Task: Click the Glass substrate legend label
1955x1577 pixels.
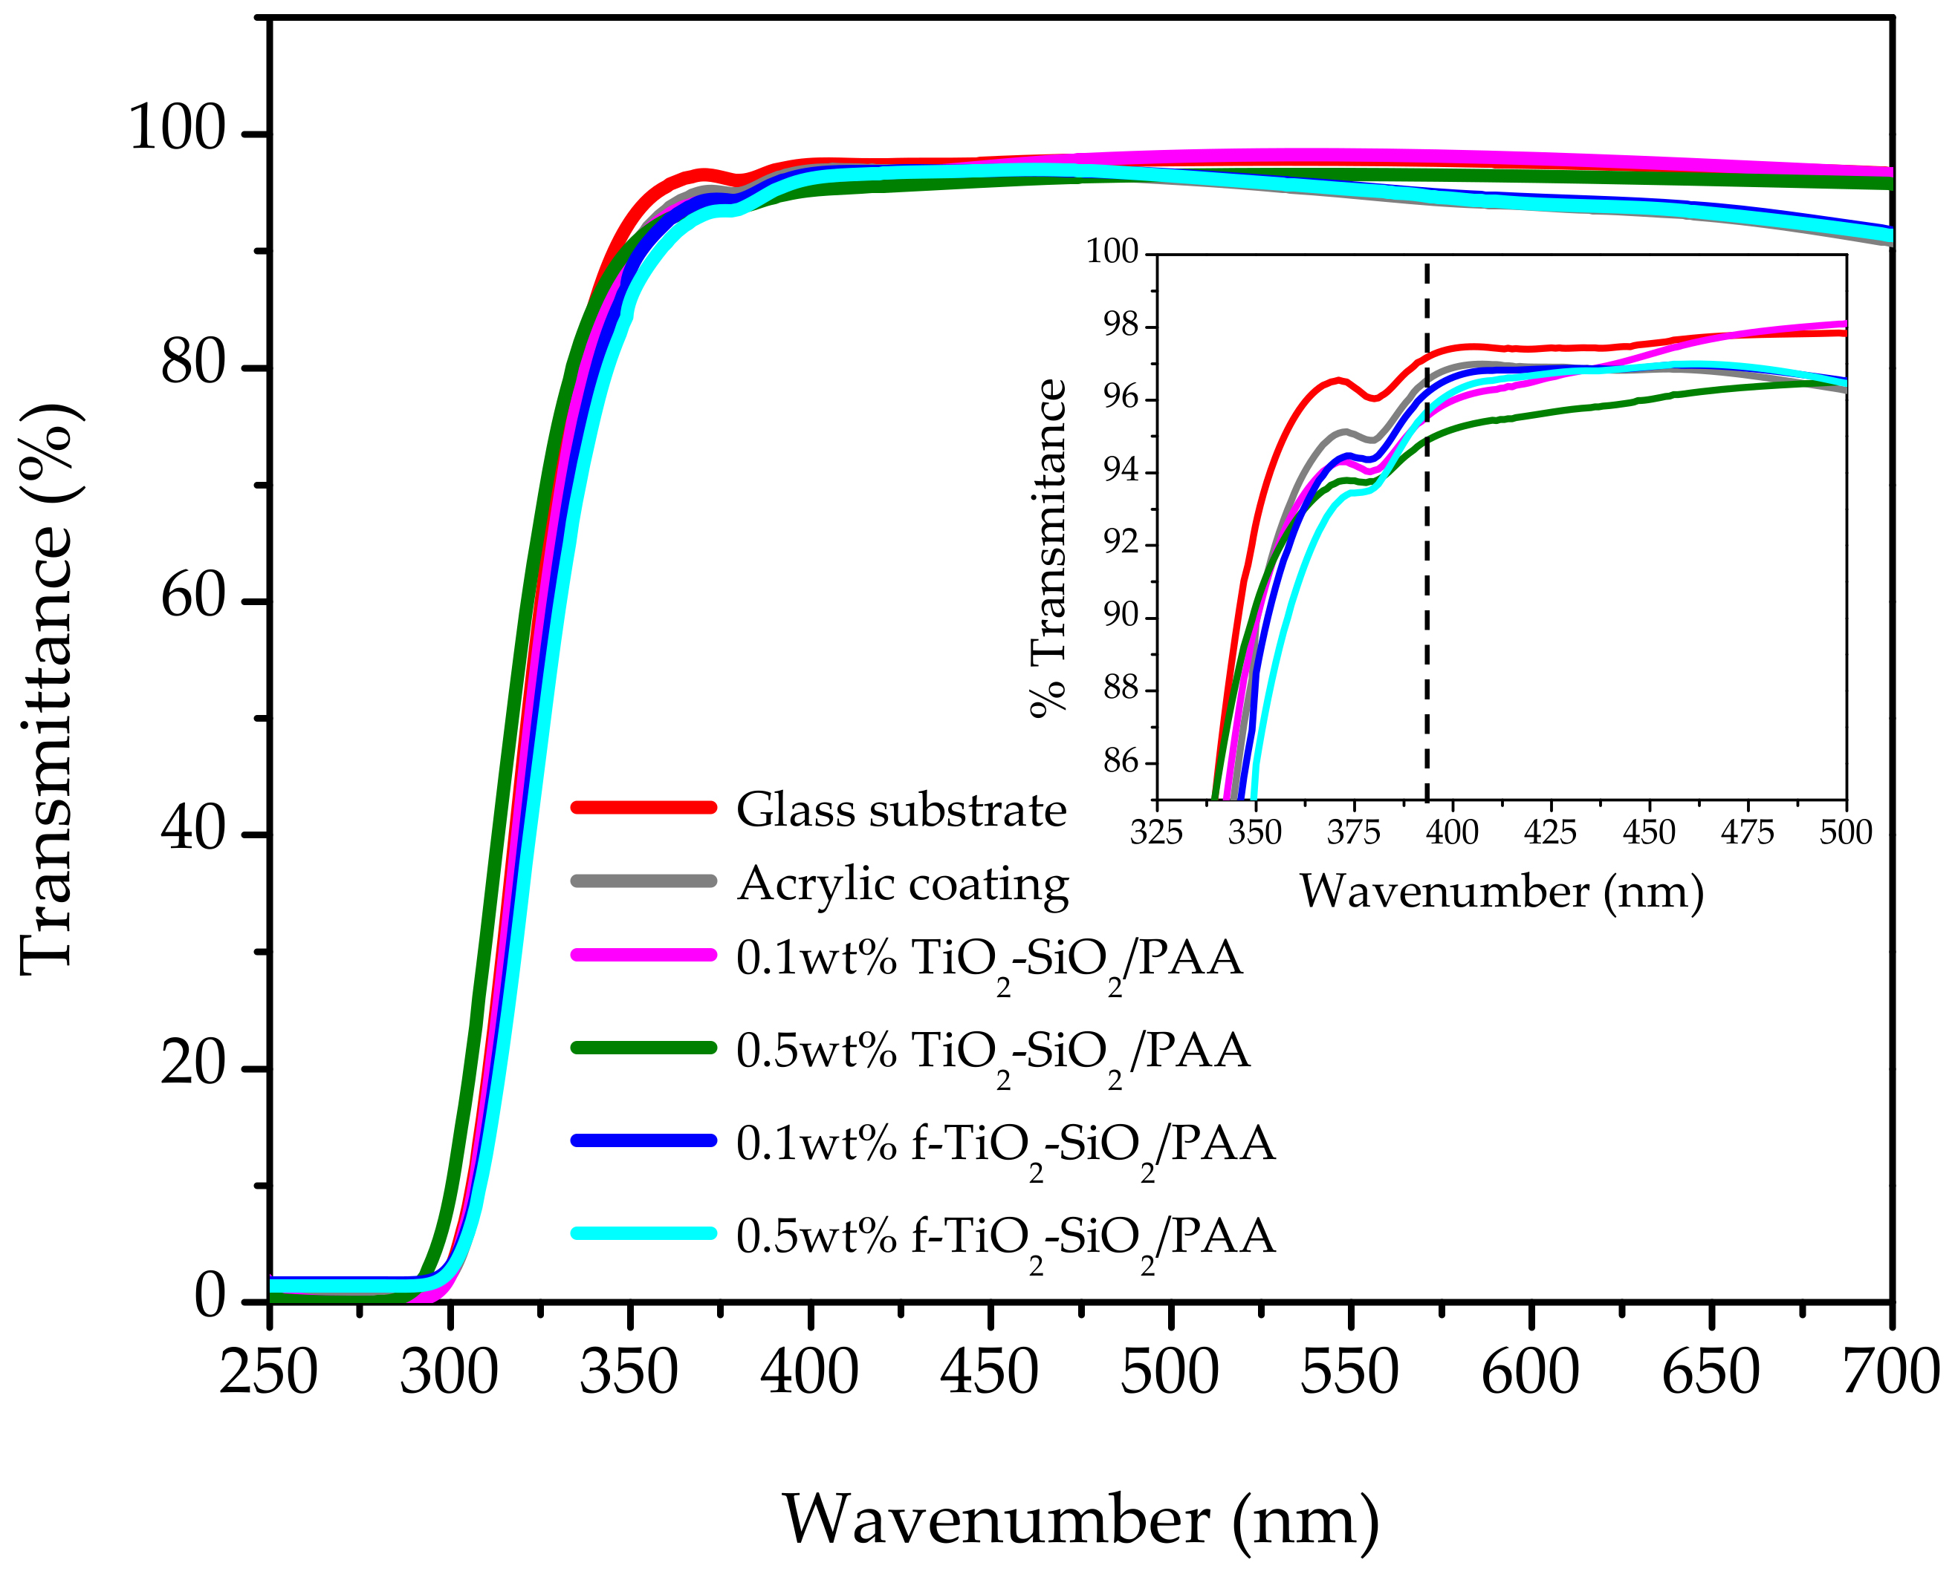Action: [x=901, y=810]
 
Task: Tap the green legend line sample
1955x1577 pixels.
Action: [x=643, y=1048]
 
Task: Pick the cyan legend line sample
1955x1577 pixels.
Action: [x=643, y=1232]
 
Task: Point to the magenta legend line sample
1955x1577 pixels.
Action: [x=643, y=955]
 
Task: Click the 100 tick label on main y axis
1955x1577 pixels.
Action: [x=176, y=129]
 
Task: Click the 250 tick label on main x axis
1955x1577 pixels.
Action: [x=268, y=1374]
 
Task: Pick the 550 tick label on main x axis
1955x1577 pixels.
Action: [x=1349, y=1374]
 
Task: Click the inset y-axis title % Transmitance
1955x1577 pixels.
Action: [x=1048, y=549]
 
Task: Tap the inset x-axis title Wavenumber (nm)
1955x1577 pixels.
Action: [x=1502, y=892]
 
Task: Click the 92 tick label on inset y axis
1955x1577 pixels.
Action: [x=1121, y=543]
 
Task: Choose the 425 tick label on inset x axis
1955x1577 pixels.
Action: [x=1551, y=832]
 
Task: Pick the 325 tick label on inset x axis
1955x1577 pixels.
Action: [x=1156, y=832]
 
